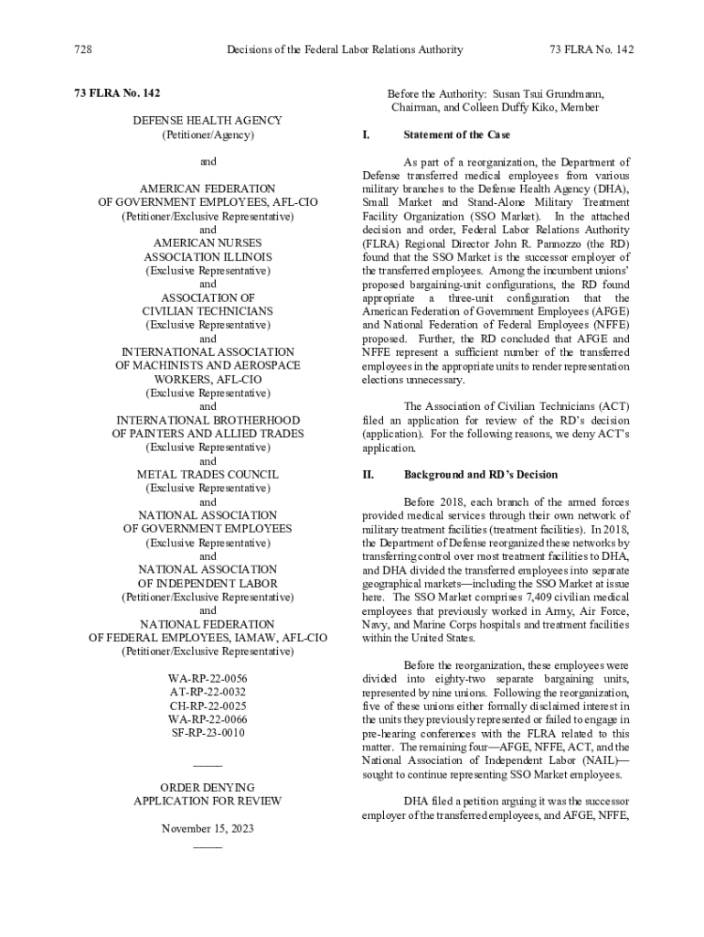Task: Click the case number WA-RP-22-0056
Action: tap(208, 679)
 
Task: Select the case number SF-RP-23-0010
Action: tap(208, 733)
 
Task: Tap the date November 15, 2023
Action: tap(208, 828)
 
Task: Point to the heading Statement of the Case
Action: tap(456, 135)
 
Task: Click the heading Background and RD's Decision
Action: tap(480, 475)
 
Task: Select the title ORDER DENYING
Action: tap(208, 787)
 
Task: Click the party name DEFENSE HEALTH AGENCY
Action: tap(208, 121)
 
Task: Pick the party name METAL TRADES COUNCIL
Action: tap(208, 475)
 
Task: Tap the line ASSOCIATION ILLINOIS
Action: tap(208, 257)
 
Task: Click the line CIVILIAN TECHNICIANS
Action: tap(208, 311)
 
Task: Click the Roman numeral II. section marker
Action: tap(369, 475)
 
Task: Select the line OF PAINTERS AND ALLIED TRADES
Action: tap(208, 434)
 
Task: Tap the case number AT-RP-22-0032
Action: tap(208, 693)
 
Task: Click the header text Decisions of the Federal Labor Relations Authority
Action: tap(345, 49)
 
